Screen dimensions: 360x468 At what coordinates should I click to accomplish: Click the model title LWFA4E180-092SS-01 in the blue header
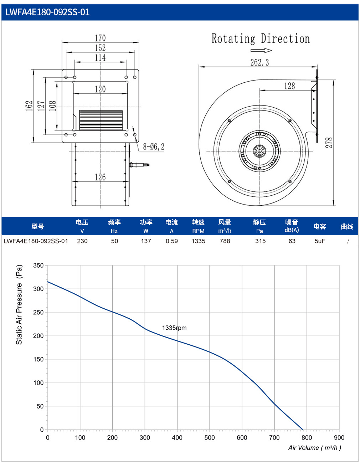click(x=47, y=12)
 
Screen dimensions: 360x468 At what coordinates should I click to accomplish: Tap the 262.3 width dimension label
click(x=259, y=62)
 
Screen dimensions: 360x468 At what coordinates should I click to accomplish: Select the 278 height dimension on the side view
click(x=329, y=143)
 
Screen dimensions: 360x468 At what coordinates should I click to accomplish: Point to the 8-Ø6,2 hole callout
click(x=154, y=146)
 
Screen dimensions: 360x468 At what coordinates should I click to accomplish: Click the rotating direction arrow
click(x=261, y=51)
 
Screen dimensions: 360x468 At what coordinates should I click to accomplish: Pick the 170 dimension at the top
click(x=100, y=38)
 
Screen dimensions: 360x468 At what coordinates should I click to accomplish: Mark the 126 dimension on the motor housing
click(x=100, y=177)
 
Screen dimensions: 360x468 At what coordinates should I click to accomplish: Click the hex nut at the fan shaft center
click(x=259, y=151)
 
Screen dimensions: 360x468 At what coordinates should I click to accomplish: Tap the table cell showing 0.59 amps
click(x=171, y=241)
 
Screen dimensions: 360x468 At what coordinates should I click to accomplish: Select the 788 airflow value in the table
click(x=225, y=241)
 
